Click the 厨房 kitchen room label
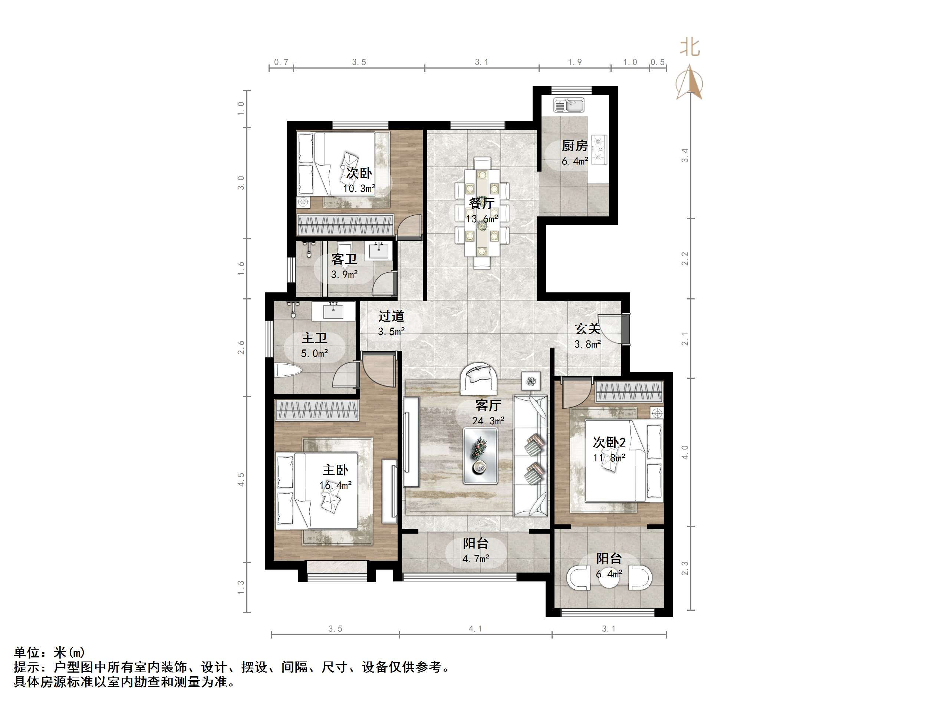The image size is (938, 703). [x=575, y=146]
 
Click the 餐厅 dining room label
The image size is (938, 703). [x=481, y=203]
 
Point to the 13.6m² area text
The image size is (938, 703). [x=482, y=219]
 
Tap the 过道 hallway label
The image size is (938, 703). [x=391, y=316]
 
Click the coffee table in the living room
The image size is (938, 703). [x=480, y=455]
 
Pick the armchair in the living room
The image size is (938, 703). [x=480, y=377]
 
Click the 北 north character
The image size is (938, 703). [x=690, y=47]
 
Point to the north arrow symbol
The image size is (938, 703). [x=689, y=83]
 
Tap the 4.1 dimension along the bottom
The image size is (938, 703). [x=475, y=629]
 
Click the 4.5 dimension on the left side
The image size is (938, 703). [x=241, y=479]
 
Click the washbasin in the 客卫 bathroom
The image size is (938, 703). [x=378, y=251]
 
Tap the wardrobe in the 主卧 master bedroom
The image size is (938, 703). [x=317, y=410]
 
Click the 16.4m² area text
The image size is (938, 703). [x=335, y=485]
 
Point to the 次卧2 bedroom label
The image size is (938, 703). [x=609, y=443]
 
